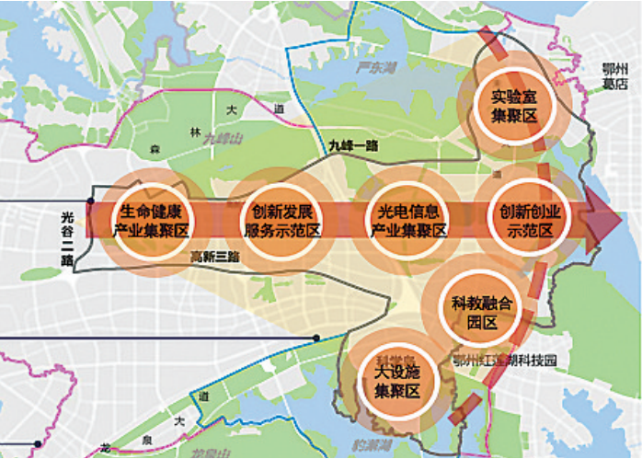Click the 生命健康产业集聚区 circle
(x=150, y=221)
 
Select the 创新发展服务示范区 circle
(x=274, y=221)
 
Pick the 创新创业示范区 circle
(x=524, y=221)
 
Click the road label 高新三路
(x=213, y=258)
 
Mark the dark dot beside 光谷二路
(x=90, y=200)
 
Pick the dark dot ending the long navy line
(x=316, y=339)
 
